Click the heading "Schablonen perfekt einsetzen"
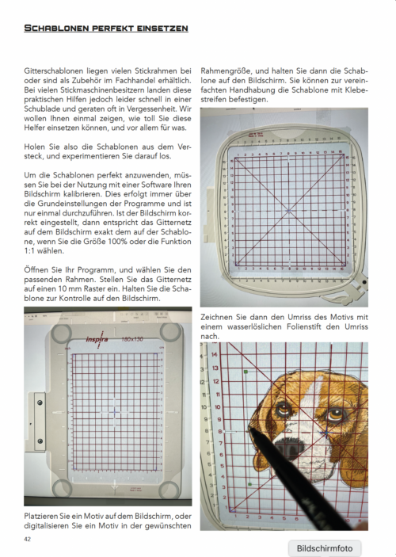pos(106,28)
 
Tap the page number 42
pos(28,540)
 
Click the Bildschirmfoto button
pos(325,548)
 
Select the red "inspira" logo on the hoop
pos(97,339)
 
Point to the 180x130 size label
pos(132,339)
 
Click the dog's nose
pos(289,448)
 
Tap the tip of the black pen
pos(250,429)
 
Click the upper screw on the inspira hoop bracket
pos(40,402)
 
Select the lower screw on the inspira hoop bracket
pos(40,441)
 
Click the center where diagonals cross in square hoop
pos(289,211)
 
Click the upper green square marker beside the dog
pos(246,372)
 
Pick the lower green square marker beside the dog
pos(249,484)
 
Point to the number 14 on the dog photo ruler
pos(214,354)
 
